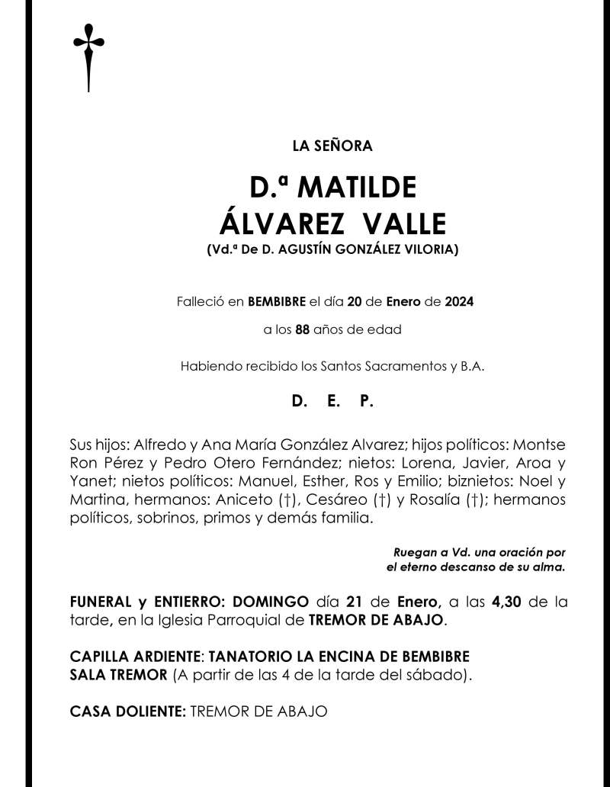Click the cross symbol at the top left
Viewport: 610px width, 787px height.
pyautogui.click(x=88, y=58)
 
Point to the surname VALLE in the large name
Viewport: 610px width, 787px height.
pyautogui.click(x=404, y=223)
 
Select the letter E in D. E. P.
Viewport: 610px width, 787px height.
pyautogui.click(x=332, y=401)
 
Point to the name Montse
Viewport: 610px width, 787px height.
pyautogui.click(x=540, y=445)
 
